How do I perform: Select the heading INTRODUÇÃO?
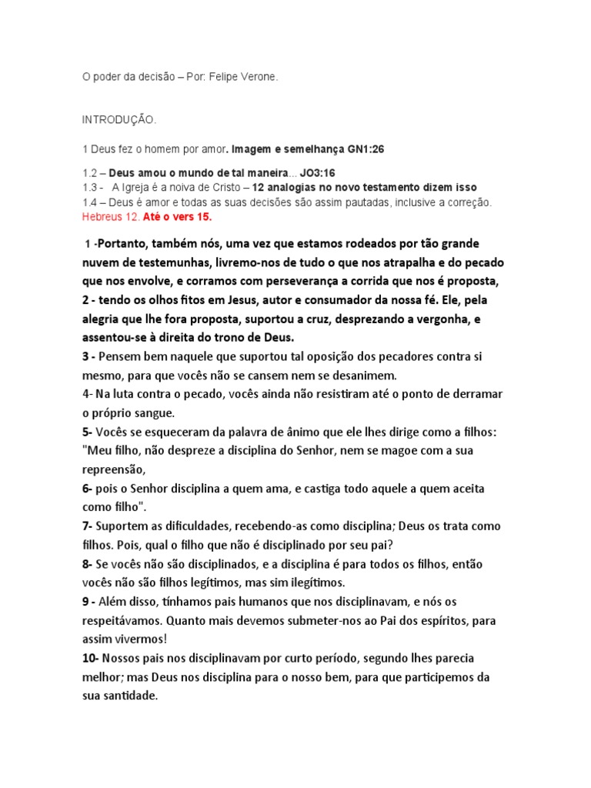pos(119,121)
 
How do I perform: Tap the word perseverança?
pos(296,281)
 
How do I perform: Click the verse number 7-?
pos(87,526)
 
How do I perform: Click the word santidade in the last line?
pos(128,696)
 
